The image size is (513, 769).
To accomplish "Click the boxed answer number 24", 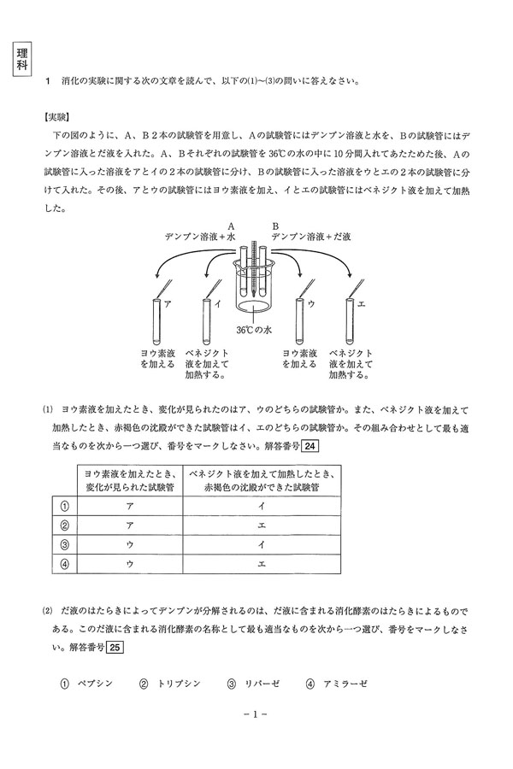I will [x=311, y=446].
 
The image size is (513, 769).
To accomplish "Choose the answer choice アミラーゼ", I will [x=339, y=684].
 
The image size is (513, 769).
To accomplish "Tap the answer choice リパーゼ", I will [x=260, y=684].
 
